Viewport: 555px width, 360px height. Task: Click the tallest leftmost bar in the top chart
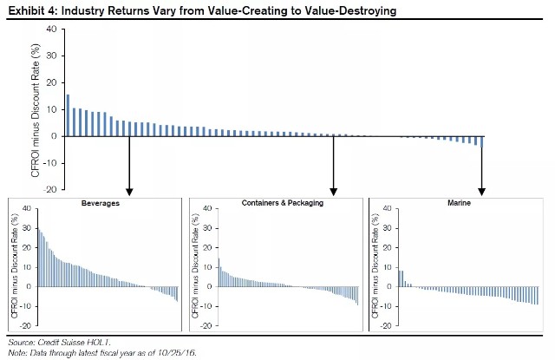click(68, 115)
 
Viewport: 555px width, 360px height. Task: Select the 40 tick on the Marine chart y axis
click(384, 208)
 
